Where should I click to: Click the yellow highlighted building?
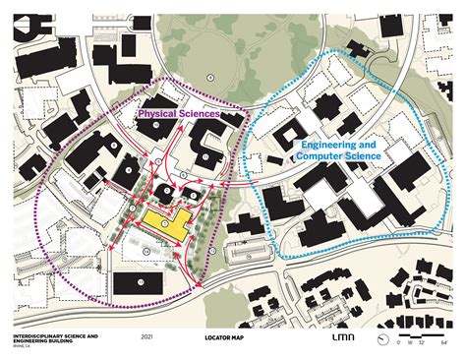click(x=169, y=223)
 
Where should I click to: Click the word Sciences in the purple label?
click(x=197, y=114)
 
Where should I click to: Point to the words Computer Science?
click(x=335, y=156)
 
